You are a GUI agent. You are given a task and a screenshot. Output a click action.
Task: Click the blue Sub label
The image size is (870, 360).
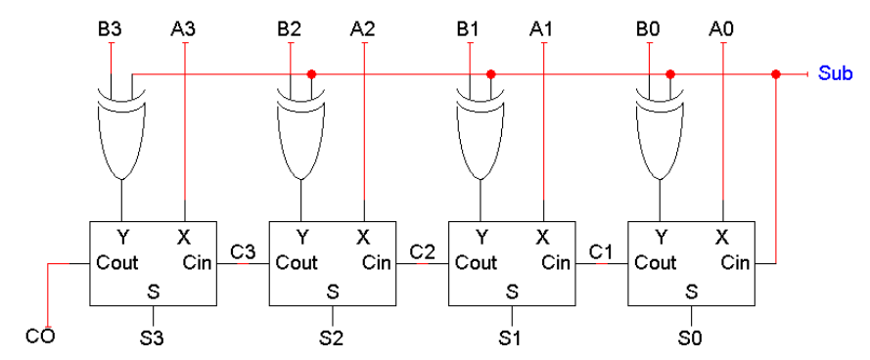tap(836, 73)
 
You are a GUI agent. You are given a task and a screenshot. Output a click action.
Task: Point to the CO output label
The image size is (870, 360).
tap(40, 337)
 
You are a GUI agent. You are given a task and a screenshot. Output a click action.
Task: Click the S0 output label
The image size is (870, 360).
tap(691, 337)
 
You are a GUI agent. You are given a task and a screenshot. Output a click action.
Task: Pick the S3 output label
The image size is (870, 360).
tap(152, 337)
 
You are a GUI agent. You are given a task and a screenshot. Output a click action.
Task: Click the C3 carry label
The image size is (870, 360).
tap(243, 252)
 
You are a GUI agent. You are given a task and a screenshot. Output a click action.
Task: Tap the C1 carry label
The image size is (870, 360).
tap(601, 252)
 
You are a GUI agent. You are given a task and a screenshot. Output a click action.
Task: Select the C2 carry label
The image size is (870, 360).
tap(422, 252)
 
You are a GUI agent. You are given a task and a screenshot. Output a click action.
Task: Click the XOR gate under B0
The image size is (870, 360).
tap(660, 133)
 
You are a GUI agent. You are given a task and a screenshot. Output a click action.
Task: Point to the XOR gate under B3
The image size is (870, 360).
tap(122, 133)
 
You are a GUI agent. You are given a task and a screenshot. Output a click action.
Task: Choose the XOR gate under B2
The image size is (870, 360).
tap(301, 133)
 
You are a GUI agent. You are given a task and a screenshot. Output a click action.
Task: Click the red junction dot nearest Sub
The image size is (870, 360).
tap(776, 73)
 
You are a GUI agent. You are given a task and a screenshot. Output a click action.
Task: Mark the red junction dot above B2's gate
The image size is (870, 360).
tap(311, 73)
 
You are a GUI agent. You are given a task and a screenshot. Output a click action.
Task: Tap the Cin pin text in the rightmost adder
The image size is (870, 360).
tap(735, 262)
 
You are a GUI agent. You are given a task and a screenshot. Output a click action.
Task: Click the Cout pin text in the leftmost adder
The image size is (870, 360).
tap(117, 262)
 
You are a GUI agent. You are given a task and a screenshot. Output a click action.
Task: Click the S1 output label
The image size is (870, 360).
tap(512, 337)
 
